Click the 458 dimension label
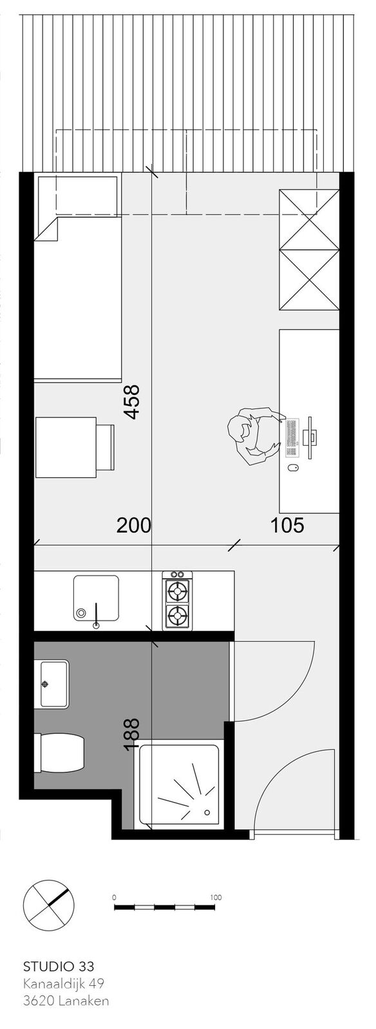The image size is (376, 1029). [132, 401]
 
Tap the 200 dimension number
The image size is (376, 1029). [134, 525]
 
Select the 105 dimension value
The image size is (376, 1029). [287, 525]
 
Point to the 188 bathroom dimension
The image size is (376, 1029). [131, 735]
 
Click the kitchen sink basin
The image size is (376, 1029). [96, 597]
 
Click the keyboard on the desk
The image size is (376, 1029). [292, 438]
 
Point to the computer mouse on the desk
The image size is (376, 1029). [292, 468]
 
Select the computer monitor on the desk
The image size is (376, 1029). [311, 437]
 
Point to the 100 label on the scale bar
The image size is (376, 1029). [216, 897]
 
